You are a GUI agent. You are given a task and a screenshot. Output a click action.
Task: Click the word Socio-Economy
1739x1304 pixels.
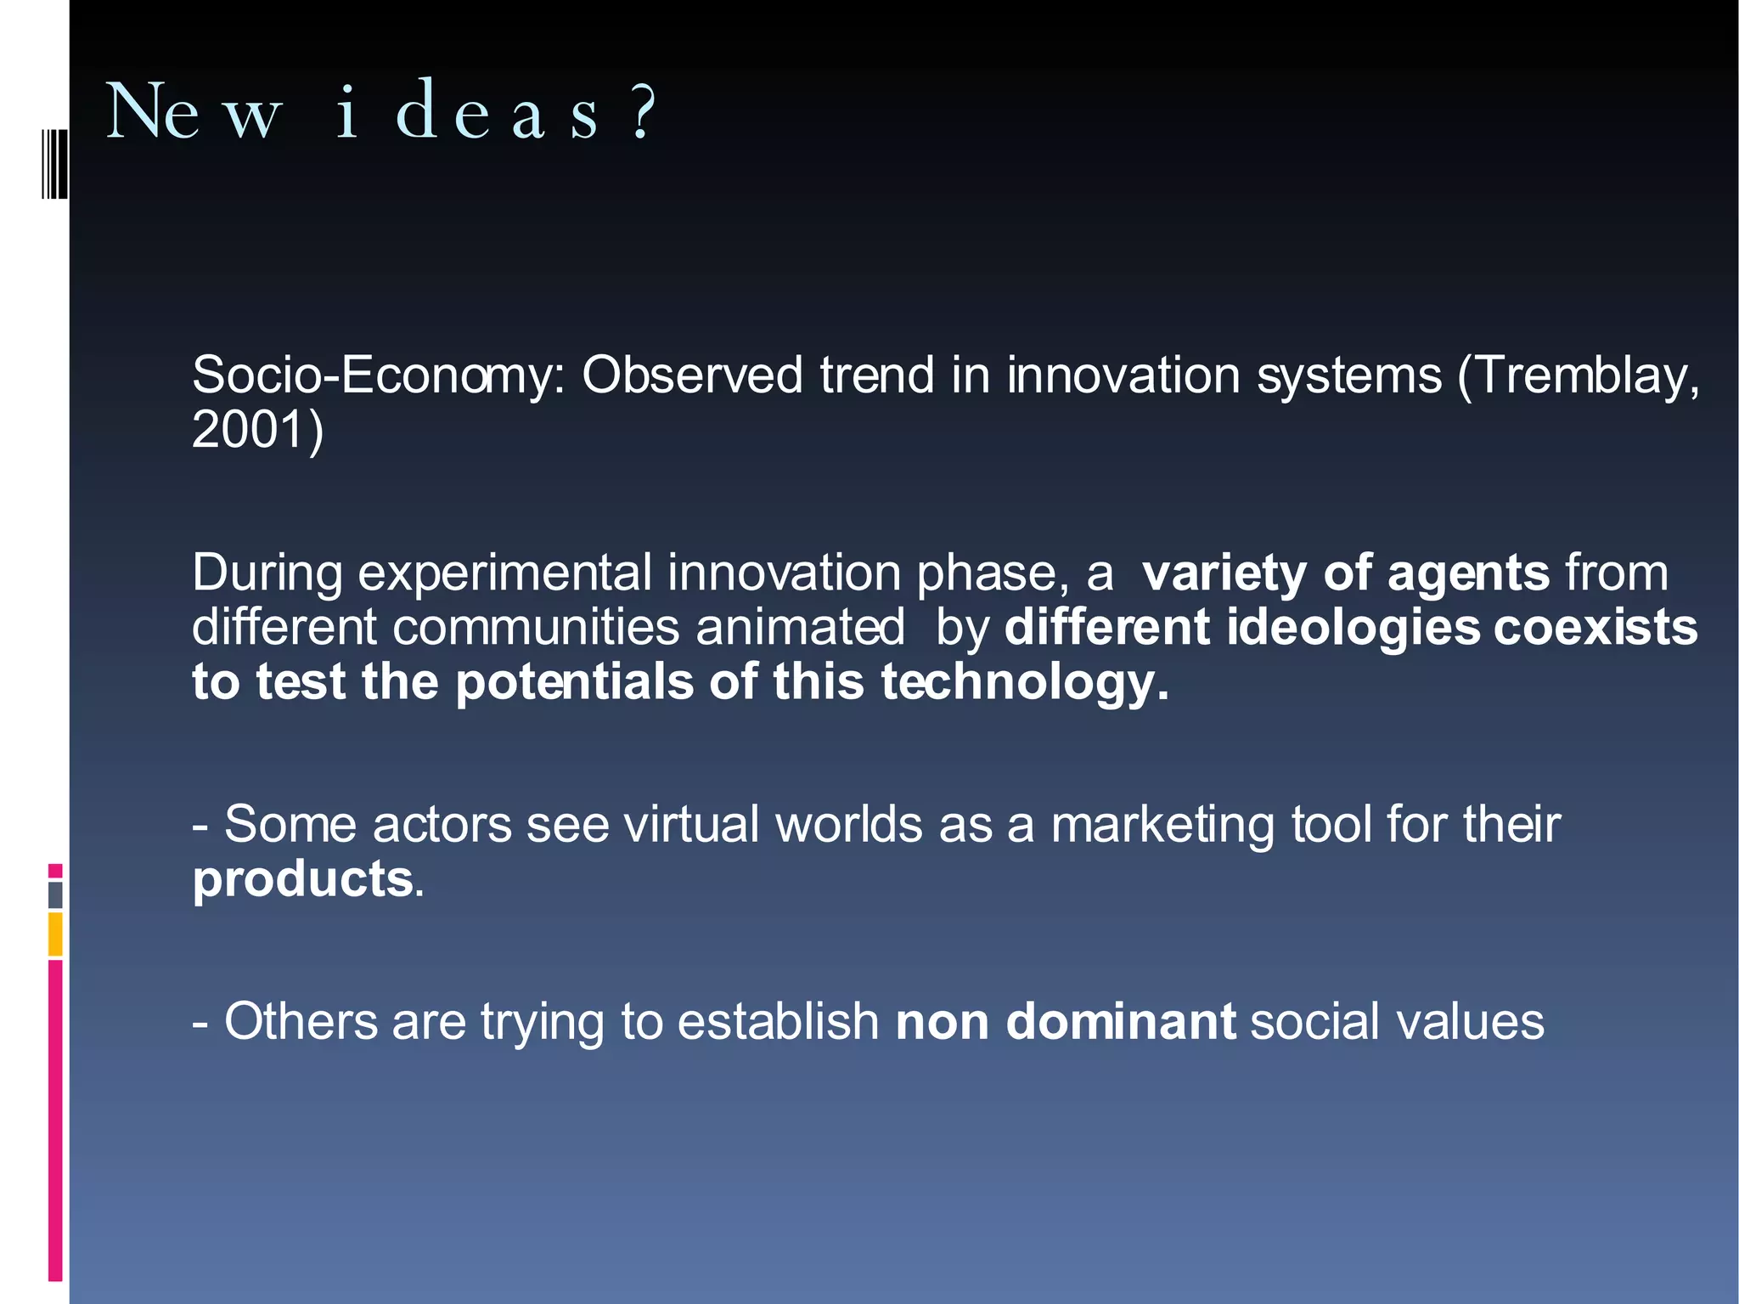tap(378, 375)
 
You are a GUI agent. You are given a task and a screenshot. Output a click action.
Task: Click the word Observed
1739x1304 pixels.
tap(692, 375)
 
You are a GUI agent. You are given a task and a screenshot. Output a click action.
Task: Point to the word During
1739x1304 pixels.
tap(267, 573)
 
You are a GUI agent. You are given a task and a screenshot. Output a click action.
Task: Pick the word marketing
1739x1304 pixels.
tap(1162, 824)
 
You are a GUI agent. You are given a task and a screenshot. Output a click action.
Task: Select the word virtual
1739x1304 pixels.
tap(691, 824)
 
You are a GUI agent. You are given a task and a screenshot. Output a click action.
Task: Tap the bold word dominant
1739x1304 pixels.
tap(1121, 1021)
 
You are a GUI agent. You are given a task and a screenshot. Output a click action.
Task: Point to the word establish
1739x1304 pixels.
tap(778, 1021)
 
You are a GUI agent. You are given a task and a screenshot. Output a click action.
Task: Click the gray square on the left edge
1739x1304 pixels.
tap(55, 895)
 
